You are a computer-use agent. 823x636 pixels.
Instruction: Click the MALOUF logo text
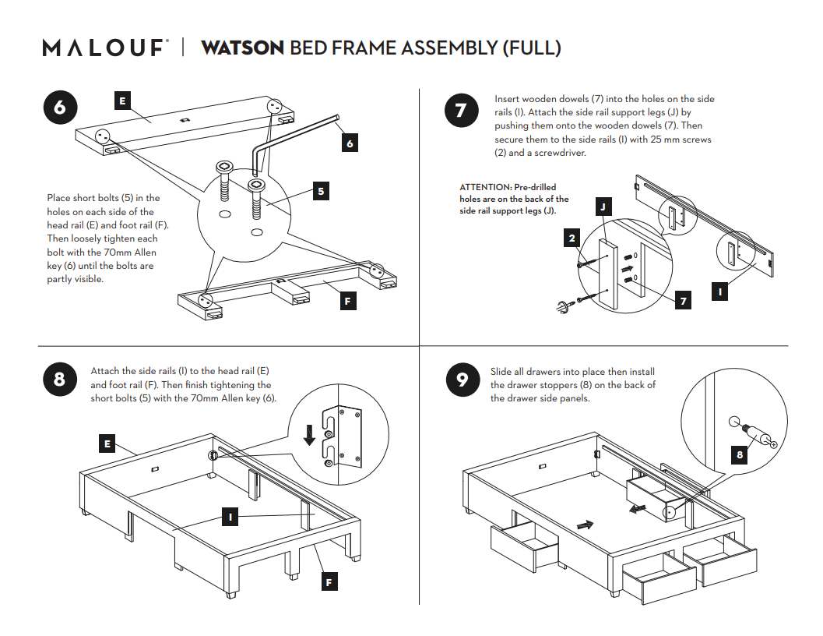click(x=104, y=48)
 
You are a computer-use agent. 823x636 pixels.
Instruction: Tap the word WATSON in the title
click(x=242, y=48)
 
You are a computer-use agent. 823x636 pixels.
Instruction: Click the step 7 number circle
click(x=460, y=111)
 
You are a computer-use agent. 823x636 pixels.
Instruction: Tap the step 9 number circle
click(x=462, y=380)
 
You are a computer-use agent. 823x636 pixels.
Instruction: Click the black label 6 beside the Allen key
click(x=350, y=143)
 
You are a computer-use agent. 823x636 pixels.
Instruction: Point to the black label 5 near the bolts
click(x=321, y=190)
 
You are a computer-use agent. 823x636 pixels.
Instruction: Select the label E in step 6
click(x=122, y=101)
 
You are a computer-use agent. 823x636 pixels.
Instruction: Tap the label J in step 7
click(x=603, y=207)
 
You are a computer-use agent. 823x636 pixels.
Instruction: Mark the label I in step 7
click(x=720, y=291)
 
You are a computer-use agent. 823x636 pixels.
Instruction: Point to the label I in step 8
click(x=230, y=516)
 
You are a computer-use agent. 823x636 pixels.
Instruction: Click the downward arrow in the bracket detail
click(x=310, y=434)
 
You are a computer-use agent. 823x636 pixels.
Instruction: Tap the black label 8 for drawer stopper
click(x=740, y=455)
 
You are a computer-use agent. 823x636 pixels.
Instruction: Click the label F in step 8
click(x=329, y=581)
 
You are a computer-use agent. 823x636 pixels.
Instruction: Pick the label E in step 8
click(x=107, y=444)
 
